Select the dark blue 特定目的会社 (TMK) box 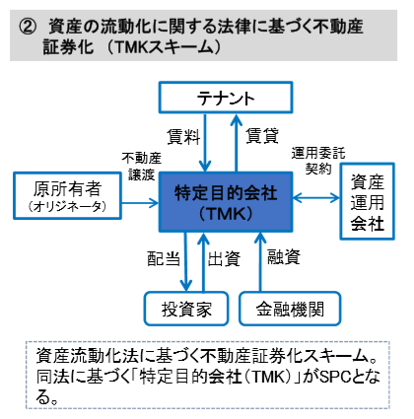tap(226, 202)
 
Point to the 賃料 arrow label tap(183, 136)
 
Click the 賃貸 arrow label tap(262, 135)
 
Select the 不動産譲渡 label tap(142, 167)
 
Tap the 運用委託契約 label tap(318, 161)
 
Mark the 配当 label tap(164, 258)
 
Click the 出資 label tap(224, 258)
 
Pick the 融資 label tap(284, 256)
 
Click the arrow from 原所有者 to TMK tap(140, 203)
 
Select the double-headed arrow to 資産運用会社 tap(316, 198)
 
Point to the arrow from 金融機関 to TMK tap(260, 262)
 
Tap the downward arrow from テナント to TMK tap(205, 143)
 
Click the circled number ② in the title tap(27, 27)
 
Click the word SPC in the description tap(335, 377)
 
